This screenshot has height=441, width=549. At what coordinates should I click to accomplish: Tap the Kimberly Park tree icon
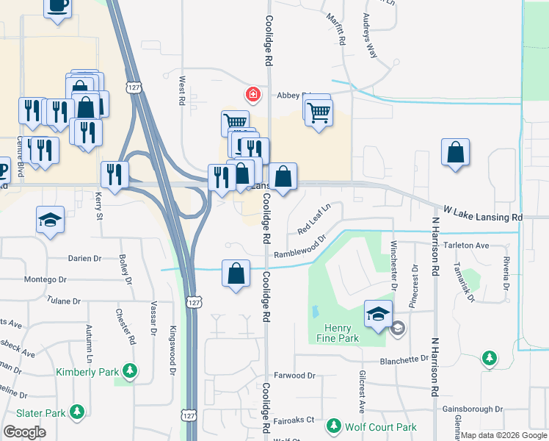click(x=130, y=370)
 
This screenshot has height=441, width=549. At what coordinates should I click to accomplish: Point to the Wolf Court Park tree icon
click(x=334, y=426)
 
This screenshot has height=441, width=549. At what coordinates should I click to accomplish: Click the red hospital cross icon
click(x=252, y=94)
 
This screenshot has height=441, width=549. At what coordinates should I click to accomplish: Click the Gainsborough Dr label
click(x=473, y=409)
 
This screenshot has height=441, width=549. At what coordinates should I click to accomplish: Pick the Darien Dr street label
click(x=84, y=259)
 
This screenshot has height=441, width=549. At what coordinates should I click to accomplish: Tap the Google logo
click(x=24, y=432)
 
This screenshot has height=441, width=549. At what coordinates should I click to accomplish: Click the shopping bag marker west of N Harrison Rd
click(x=455, y=154)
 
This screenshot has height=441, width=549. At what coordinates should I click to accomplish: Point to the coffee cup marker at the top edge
click(x=57, y=6)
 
